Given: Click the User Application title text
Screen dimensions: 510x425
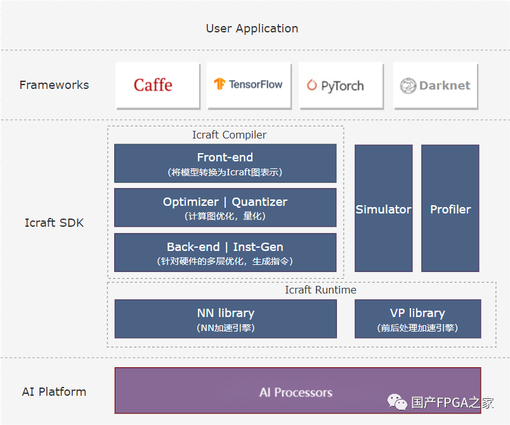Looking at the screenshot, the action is (x=252, y=29).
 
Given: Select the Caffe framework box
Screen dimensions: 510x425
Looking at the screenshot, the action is (x=158, y=85).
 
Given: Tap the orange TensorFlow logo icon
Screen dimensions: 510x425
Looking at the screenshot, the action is (x=219, y=84).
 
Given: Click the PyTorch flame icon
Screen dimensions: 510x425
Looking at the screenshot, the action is (x=311, y=85).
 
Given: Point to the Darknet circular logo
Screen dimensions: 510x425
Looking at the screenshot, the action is (x=408, y=86).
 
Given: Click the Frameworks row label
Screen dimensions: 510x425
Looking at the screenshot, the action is (x=54, y=85).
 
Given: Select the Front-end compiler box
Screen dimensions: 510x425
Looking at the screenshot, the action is (x=225, y=163).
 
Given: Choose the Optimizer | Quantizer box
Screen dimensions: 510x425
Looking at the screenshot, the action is (x=225, y=208).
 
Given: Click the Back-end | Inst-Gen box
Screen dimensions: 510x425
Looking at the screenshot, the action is (x=225, y=252).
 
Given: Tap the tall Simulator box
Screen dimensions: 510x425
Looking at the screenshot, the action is (x=384, y=208).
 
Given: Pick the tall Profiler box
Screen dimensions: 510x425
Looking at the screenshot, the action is (x=450, y=208).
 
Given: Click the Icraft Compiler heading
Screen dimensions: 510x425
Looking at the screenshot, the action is (x=229, y=135).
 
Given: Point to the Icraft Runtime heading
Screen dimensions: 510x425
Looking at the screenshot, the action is (x=320, y=290).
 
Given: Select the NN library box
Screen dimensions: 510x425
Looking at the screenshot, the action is (x=225, y=319).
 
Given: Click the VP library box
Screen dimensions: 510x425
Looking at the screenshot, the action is (x=417, y=319).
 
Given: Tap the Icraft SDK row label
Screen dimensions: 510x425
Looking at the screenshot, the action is (x=54, y=223).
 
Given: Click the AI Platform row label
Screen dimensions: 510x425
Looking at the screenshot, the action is (x=54, y=391).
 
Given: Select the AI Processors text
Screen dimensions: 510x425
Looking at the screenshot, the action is (x=296, y=393).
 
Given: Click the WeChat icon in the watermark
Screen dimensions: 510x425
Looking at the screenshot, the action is (x=397, y=402).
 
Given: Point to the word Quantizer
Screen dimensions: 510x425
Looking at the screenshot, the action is (x=259, y=202).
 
